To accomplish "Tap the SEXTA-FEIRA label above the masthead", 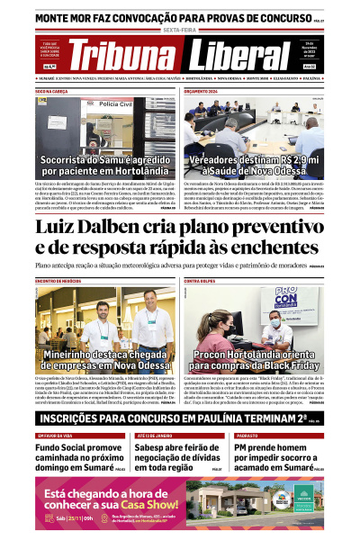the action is click(x=180, y=29).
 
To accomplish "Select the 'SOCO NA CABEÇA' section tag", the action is click(x=52, y=92).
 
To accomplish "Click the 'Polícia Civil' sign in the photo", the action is click(x=115, y=104).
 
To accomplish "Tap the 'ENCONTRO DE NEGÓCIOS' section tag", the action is click(x=58, y=282).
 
